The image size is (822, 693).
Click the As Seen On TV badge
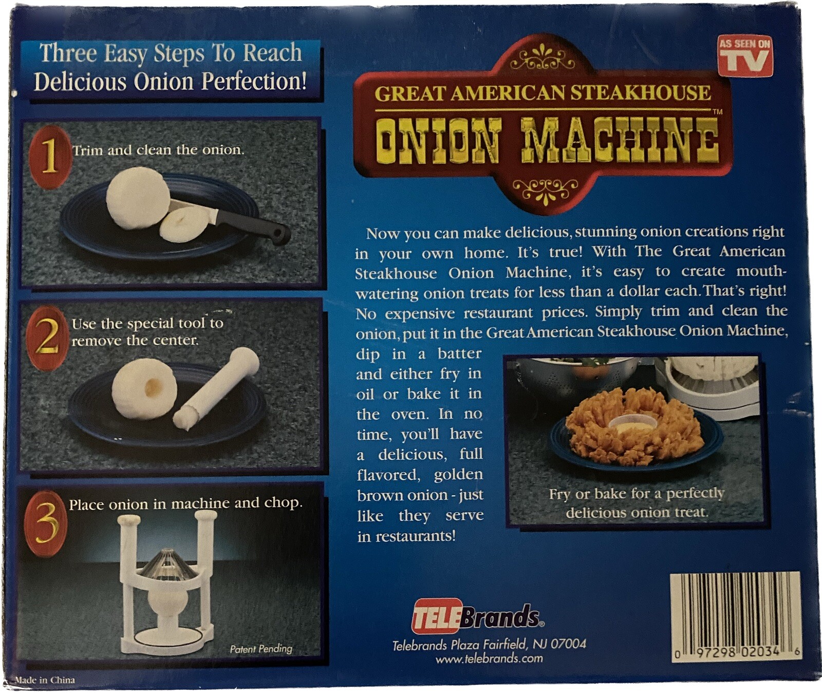[745, 56]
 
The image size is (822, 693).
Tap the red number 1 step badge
[49, 156]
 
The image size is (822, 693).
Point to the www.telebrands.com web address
[489, 659]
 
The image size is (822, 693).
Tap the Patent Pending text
[261, 649]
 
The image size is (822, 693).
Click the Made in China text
[45, 680]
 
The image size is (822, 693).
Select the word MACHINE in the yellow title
[619, 140]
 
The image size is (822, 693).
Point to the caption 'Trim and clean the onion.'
[158, 150]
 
